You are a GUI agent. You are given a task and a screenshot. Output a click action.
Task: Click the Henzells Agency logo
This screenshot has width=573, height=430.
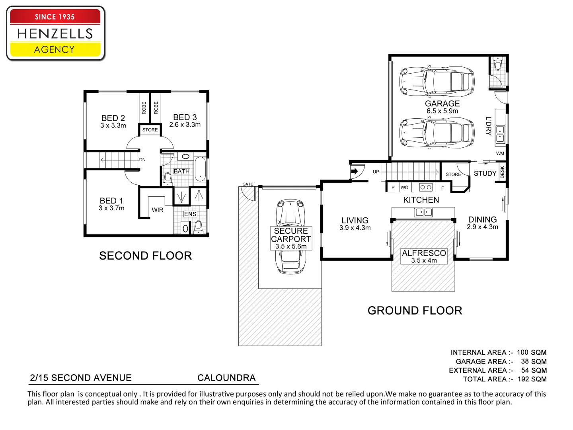point(55,33)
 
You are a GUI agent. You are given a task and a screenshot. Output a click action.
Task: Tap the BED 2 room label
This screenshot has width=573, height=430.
point(113,118)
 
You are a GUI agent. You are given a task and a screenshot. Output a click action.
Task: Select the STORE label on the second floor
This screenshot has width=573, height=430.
point(150,130)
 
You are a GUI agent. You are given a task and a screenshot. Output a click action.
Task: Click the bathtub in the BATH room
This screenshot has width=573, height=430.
point(200,169)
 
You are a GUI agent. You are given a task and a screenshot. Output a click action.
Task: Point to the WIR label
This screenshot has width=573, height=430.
point(158,210)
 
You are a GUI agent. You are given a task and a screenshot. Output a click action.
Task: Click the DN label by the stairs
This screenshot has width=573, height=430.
point(142,160)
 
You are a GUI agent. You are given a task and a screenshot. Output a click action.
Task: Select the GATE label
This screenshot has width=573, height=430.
point(248,184)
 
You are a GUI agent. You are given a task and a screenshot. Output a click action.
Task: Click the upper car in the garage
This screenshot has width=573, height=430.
point(437,81)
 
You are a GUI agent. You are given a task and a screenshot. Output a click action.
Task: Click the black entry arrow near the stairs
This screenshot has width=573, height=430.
point(355,172)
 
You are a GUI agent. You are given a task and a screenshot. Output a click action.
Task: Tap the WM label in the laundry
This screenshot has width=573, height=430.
point(500,153)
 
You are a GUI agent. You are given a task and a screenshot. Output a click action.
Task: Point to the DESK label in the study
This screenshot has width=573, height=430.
point(502,172)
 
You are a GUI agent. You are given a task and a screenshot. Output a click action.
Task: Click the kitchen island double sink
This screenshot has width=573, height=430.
point(423,212)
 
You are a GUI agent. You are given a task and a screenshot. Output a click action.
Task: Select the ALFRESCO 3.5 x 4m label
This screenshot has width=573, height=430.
point(424,256)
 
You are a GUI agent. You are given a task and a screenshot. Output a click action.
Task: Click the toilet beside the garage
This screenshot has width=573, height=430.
point(497,65)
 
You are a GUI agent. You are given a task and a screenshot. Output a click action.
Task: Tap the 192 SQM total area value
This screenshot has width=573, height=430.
point(532,379)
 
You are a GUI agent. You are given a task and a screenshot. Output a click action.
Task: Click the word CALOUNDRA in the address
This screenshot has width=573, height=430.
point(226,378)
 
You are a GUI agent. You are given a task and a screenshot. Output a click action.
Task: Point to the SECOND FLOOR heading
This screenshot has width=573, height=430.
point(145,256)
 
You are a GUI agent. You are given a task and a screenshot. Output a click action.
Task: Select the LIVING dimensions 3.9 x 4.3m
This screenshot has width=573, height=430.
point(355,228)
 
